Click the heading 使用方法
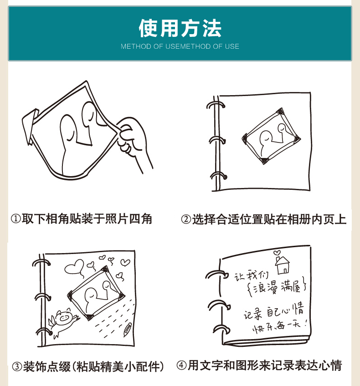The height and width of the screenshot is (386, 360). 180,28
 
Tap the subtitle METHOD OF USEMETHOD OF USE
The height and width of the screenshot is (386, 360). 180,46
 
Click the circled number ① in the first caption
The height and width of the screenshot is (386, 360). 16,219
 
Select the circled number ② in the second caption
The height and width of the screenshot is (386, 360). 186,219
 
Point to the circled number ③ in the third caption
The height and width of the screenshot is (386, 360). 17,366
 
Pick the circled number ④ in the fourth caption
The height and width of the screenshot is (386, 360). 182,366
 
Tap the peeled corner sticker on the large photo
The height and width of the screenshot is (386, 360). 30,126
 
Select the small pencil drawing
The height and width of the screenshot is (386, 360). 128,330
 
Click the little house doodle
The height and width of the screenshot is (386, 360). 283,265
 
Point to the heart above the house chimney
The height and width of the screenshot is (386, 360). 277,253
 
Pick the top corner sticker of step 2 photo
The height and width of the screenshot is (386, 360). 280,111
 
